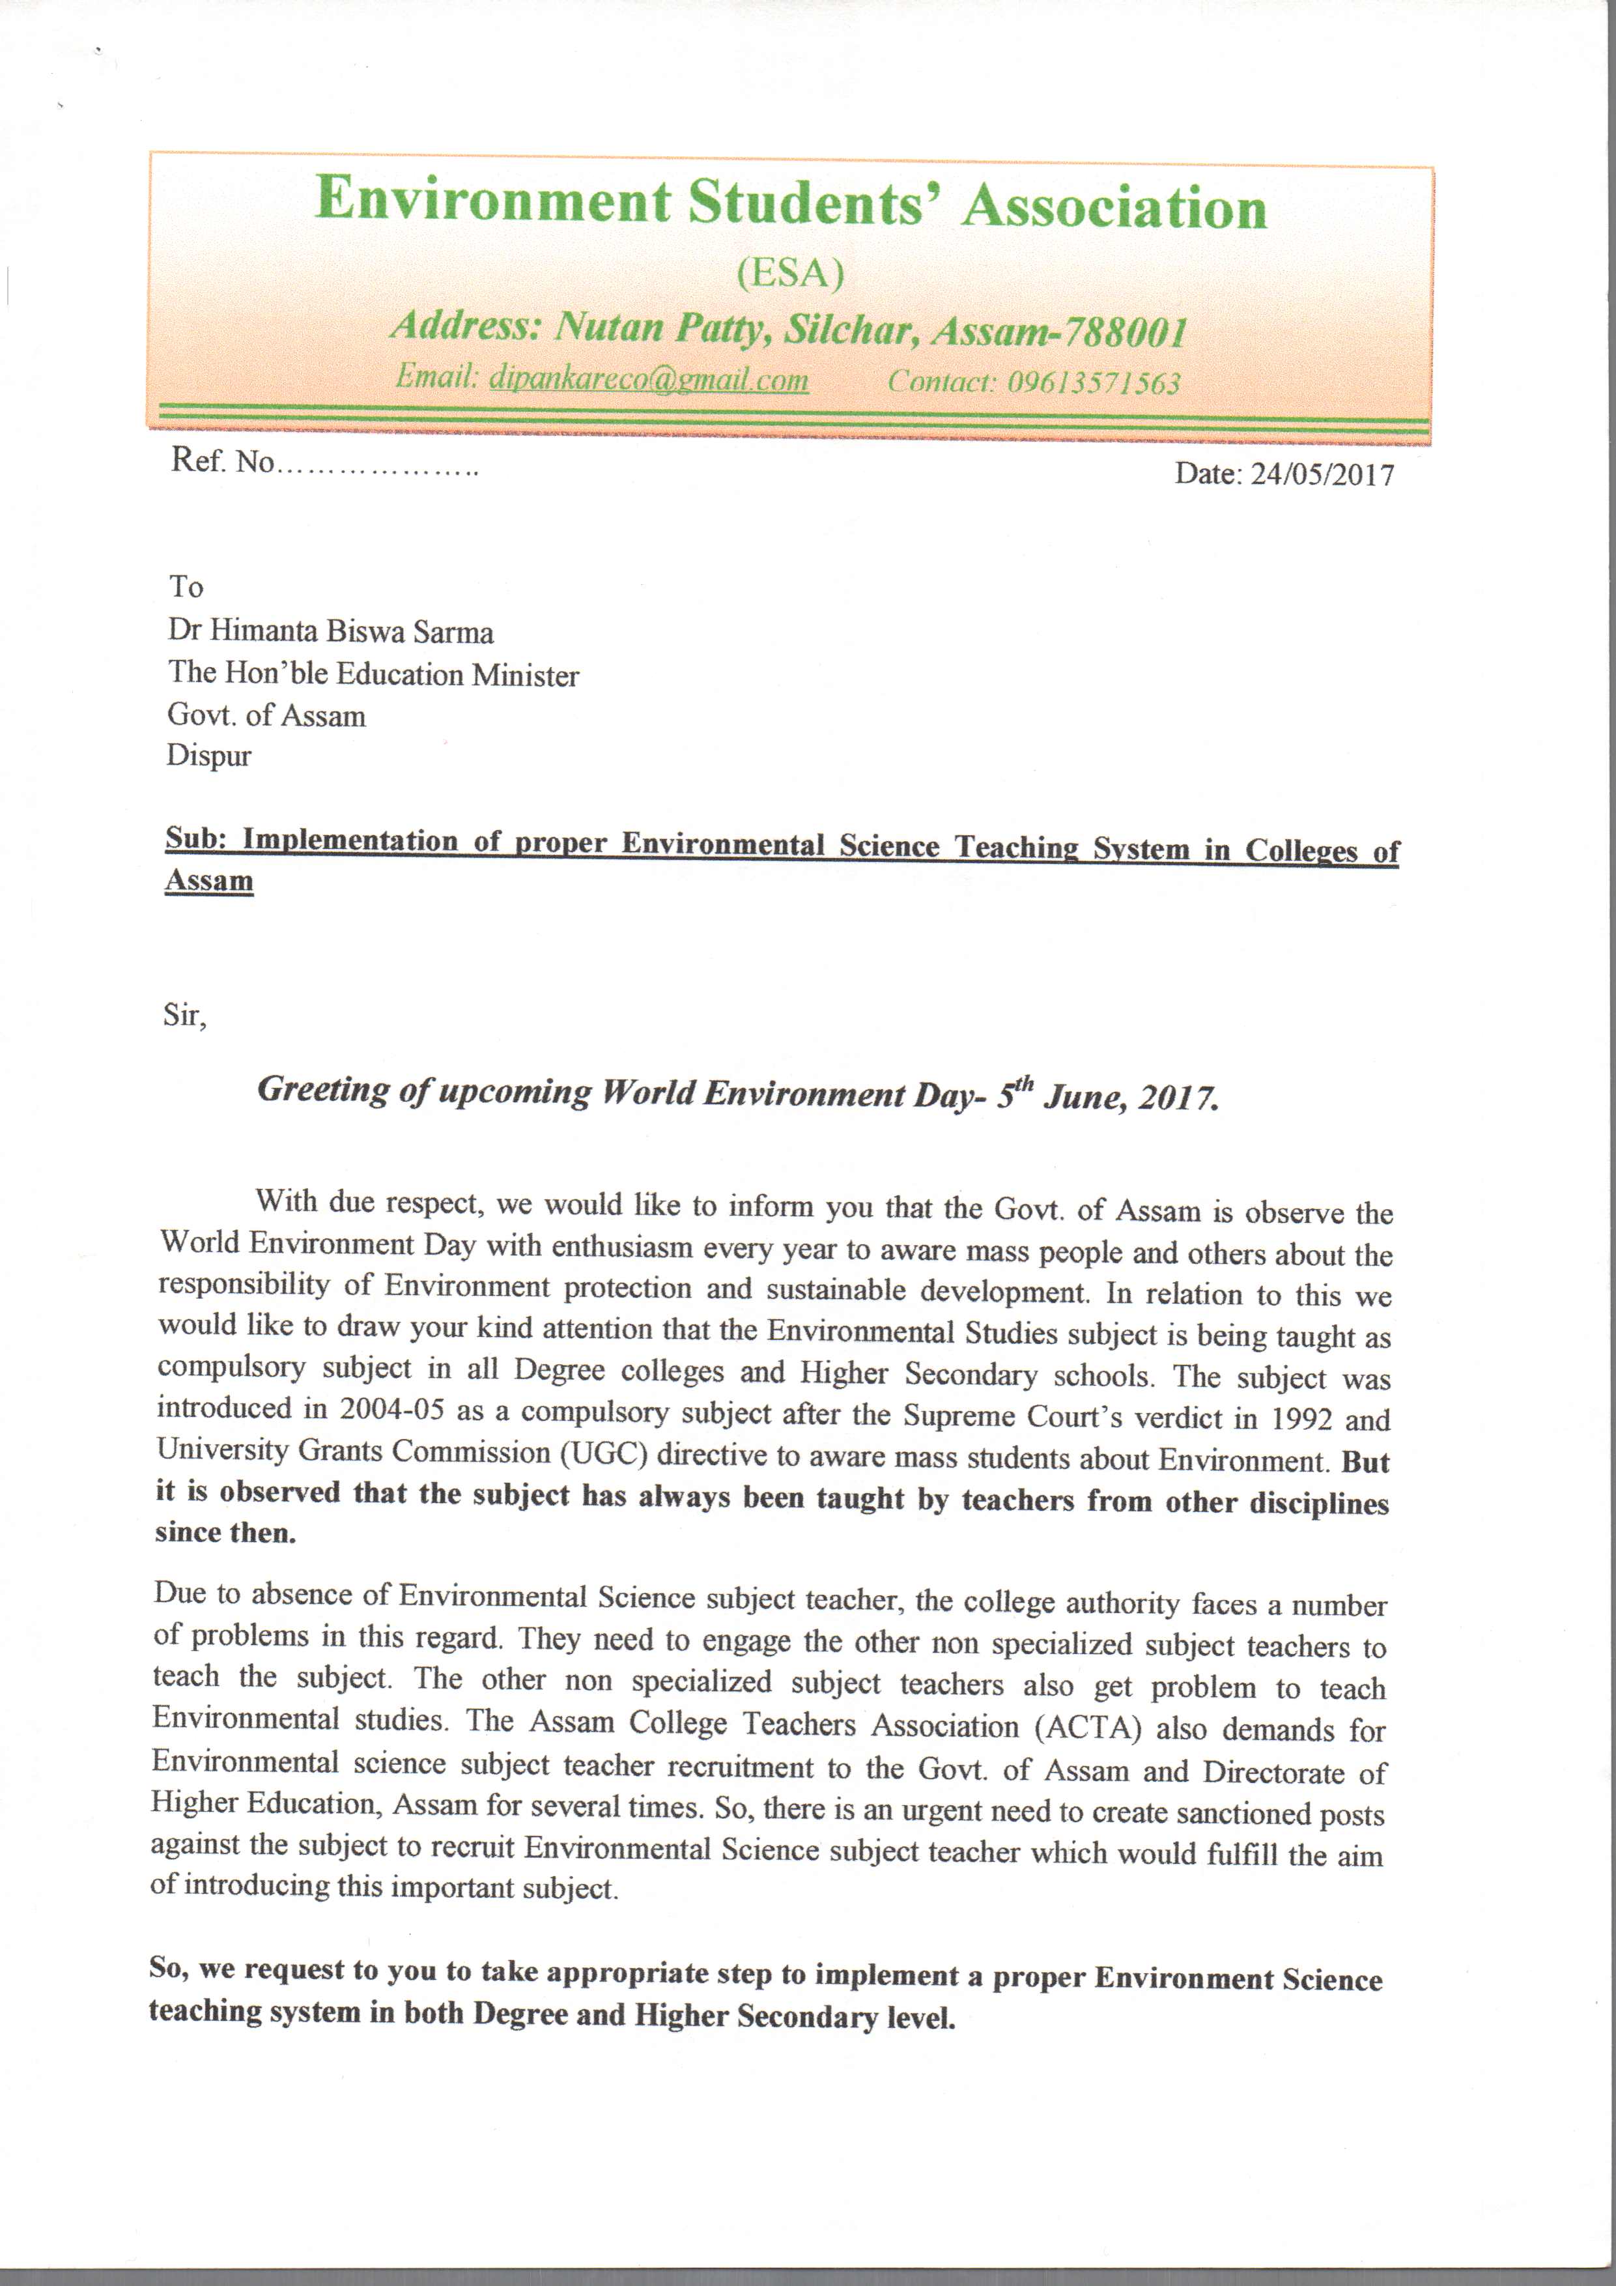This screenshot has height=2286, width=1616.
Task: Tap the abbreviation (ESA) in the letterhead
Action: point(791,272)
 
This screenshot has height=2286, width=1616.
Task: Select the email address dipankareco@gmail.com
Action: point(648,379)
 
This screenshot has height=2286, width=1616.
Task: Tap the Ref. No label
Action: point(222,460)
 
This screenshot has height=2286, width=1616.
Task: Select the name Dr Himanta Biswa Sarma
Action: point(331,631)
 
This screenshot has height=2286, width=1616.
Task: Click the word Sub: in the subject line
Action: point(196,838)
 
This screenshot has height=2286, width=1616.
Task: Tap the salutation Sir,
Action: point(184,1016)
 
